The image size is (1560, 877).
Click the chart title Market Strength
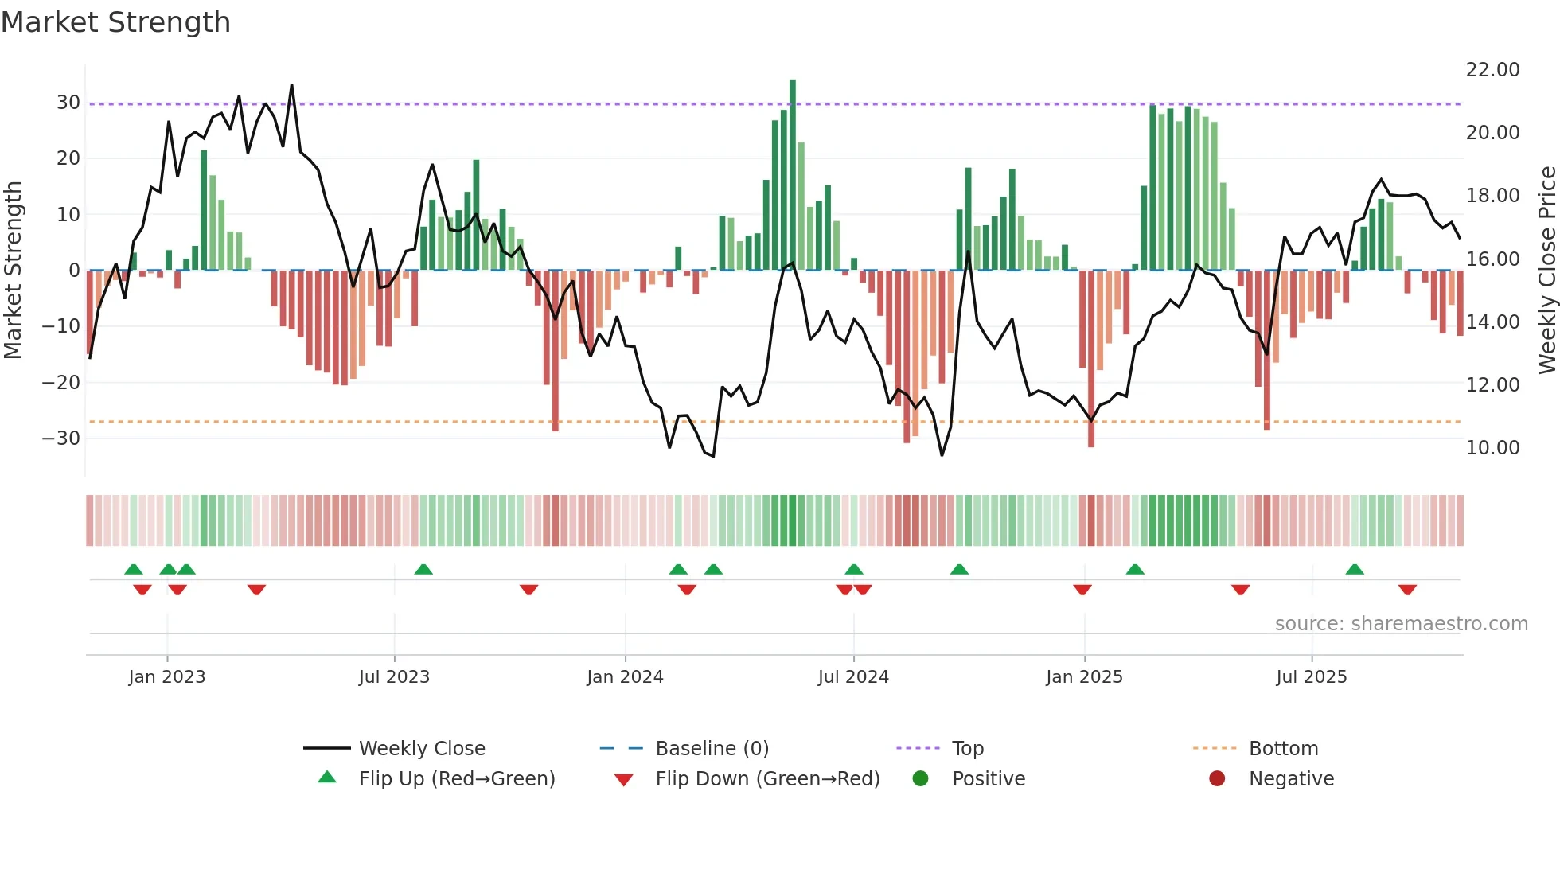(115, 22)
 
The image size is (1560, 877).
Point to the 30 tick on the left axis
(68, 103)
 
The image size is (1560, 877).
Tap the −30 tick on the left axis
(62, 438)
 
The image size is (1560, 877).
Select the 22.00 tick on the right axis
(1492, 70)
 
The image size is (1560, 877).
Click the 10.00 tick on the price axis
(1492, 448)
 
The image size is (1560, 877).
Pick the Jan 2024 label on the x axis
(625, 677)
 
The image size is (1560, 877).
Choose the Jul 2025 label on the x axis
(1311, 677)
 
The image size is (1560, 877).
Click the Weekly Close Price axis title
(1546, 270)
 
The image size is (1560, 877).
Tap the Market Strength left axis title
(14, 270)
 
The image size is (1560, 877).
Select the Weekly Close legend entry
(421, 749)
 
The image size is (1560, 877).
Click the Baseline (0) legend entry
(712, 749)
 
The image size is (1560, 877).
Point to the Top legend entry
(967, 749)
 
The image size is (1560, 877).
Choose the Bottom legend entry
(1283, 749)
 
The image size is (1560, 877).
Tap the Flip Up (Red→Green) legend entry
(456, 779)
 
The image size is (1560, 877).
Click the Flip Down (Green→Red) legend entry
(767, 779)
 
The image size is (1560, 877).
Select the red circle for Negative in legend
(1216, 779)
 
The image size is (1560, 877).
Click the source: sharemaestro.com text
(1401, 624)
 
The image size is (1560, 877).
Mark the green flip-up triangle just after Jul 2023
(423, 569)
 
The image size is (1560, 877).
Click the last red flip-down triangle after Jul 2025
(1407, 590)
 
